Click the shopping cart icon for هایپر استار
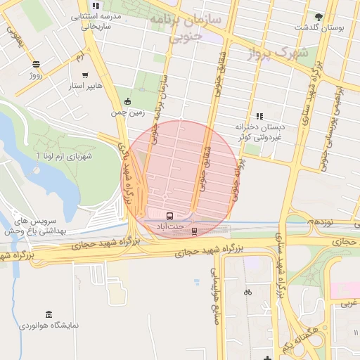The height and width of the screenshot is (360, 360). tap(85, 75)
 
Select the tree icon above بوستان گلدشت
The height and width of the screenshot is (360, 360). tap(319, 16)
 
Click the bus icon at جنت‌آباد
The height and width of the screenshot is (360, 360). tap(170, 215)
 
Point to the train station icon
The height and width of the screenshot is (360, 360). tap(195, 230)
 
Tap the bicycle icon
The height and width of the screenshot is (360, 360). tap(247, 292)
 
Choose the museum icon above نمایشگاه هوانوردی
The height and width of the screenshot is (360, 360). tap(49, 314)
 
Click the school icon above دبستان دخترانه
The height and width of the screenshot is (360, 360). tap(259, 116)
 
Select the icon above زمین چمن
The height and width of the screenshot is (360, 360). tap(127, 101)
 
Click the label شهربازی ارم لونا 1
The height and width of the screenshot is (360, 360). tap(64, 154)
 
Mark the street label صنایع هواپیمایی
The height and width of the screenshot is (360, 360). tap(215, 274)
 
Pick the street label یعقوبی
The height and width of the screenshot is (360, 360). tap(15, 36)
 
